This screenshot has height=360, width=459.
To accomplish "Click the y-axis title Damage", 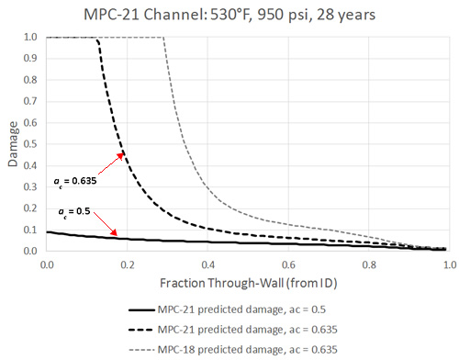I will (x=11, y=144).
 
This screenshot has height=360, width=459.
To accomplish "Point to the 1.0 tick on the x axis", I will (x=448, y=262).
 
